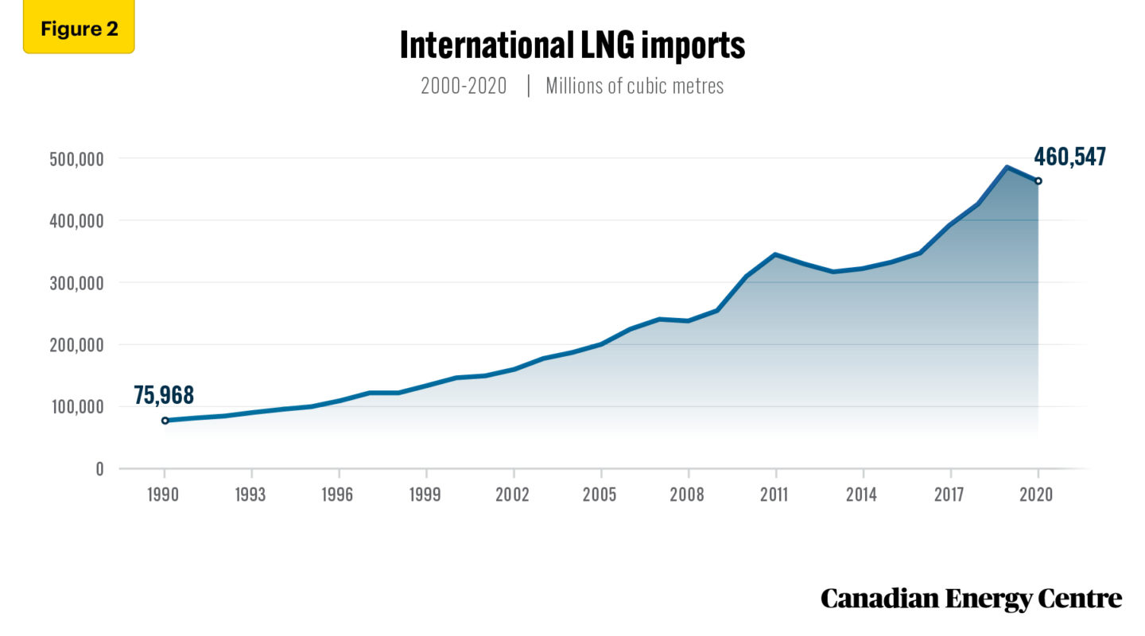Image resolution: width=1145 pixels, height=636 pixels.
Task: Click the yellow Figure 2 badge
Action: [79, 29]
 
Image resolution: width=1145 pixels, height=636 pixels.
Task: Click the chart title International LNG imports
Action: [572, 46]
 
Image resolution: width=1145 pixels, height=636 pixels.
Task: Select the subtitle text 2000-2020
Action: [464, 86]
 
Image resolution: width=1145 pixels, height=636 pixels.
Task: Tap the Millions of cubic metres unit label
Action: [635, 86]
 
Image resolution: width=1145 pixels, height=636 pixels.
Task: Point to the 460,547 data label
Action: [1069, 157]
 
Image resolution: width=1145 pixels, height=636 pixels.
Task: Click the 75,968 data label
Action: [164, 394]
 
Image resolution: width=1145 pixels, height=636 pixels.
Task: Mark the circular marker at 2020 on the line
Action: [1038, 181]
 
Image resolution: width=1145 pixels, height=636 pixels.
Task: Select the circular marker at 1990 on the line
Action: [165, 421]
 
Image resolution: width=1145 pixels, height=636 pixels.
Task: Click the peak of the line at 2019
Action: [1007, 167]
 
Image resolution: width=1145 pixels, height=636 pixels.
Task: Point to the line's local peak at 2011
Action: [774, 254]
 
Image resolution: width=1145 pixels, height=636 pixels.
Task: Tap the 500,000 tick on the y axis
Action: [72, 159]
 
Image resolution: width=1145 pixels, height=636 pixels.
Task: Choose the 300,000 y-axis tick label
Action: [72, 283]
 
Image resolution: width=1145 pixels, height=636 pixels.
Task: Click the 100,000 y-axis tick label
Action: [72, 407]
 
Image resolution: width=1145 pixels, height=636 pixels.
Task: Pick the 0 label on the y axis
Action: [99, 469]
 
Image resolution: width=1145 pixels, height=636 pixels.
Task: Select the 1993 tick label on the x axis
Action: [251, 494]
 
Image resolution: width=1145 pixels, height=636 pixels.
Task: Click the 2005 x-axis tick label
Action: [600, 494]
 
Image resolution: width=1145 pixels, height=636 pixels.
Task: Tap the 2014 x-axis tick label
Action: [862, 494]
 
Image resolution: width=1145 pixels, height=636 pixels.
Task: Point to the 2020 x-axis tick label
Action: [1037, 494]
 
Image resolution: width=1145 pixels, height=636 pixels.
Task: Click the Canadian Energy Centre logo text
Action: [971, 599]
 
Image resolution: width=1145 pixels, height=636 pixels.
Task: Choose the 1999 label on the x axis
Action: [426, 494]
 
